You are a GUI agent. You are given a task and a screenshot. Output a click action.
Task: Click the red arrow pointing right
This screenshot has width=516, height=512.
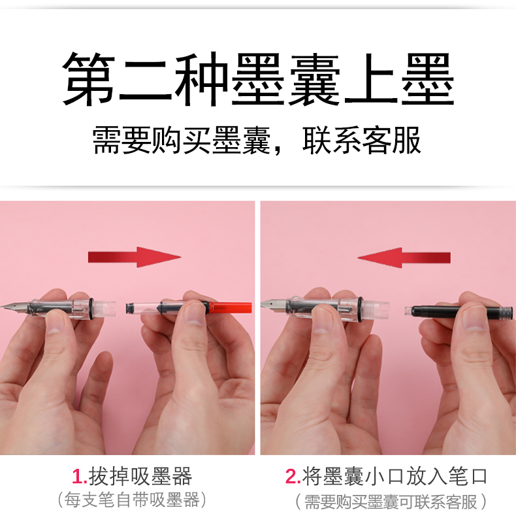coord(135,257)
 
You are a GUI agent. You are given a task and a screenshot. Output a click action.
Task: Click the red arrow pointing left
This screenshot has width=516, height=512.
coord(404,258)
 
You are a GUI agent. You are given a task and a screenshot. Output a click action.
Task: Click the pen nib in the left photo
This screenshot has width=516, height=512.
coord(13,307)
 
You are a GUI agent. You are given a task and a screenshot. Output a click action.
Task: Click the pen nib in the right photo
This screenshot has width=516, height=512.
coord(273,303)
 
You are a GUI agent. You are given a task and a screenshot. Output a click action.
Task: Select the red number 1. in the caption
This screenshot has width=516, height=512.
coord(79,477)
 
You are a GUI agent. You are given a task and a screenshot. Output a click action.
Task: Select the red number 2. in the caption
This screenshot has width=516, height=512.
coord(293,477)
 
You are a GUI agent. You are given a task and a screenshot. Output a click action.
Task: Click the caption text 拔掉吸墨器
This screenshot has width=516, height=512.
coord(140,477)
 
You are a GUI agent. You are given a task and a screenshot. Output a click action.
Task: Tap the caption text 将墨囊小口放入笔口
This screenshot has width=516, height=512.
coord(395,477)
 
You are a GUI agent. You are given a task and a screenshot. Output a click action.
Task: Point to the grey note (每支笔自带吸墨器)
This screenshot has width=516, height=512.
coord(132,500)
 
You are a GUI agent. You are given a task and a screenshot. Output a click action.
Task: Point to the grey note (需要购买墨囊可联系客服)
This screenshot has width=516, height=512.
coord(391,502)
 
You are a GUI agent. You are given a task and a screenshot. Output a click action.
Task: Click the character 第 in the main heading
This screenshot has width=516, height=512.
coord(89,79)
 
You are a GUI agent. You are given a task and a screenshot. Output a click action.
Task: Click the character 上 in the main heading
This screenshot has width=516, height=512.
coord(371,79)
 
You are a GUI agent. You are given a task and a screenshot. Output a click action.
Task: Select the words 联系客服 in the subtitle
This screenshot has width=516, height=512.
coord(362,141)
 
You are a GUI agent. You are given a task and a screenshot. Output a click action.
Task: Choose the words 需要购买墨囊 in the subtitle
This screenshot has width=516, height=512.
coord(182,141)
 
